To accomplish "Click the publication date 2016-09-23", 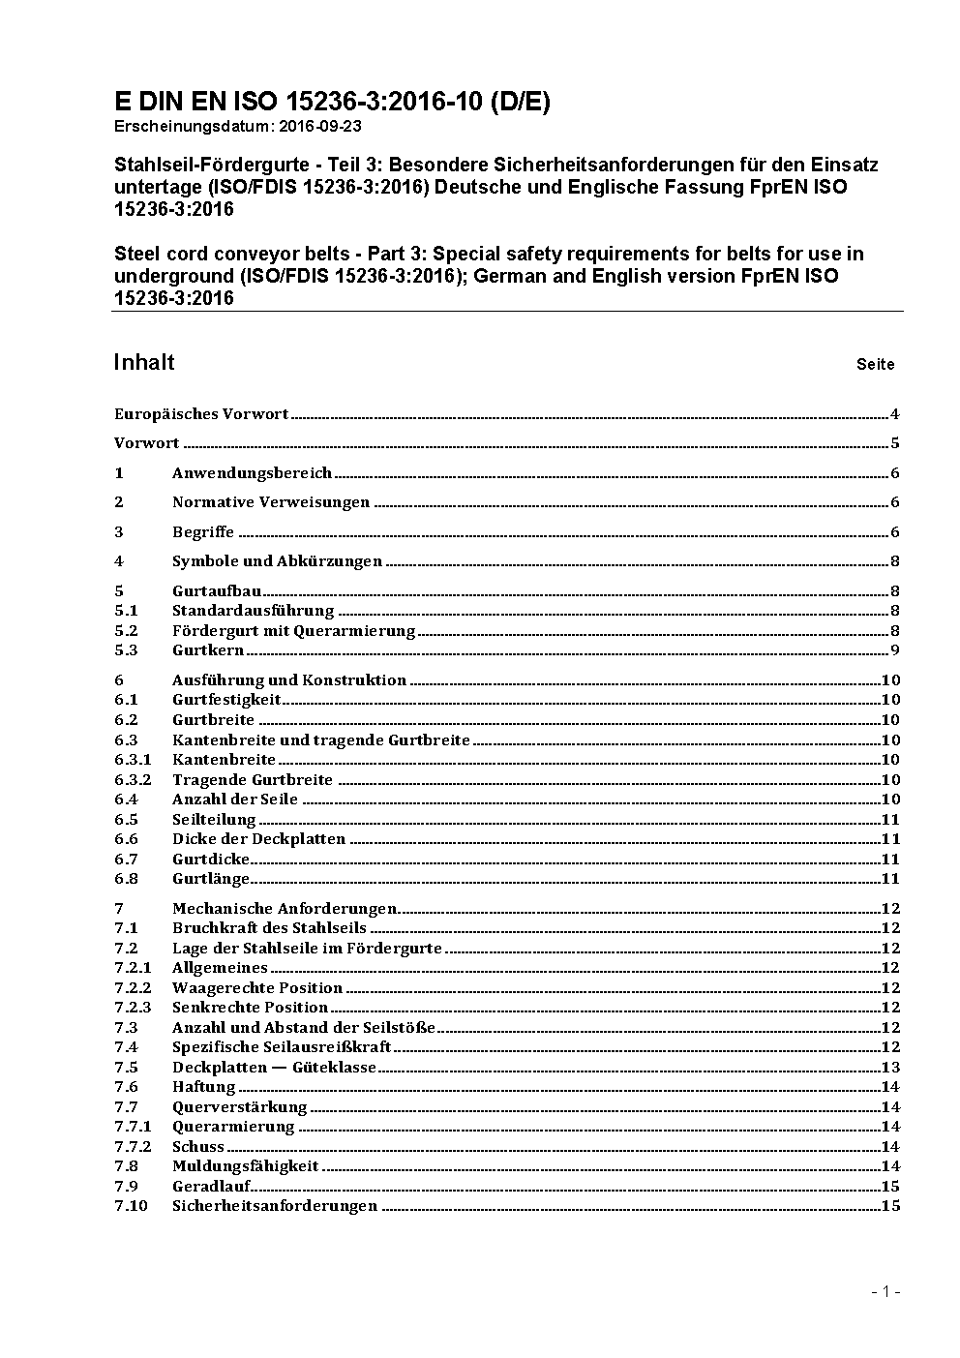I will (315, 127).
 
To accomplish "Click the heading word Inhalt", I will (144, 362).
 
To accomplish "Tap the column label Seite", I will (875, 365).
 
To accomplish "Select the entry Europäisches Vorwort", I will (201, 414).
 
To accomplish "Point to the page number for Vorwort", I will (895, 443).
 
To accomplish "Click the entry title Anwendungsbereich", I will (252, 473).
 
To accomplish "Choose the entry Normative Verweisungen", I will (271, 502).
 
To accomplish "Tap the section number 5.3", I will (126, 650).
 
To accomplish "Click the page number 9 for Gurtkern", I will (895, 650).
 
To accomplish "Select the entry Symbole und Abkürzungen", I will (277, 561).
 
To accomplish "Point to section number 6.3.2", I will (133, 780).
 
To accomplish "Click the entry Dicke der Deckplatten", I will (258, 839).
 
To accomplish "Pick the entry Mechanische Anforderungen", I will (285, 908).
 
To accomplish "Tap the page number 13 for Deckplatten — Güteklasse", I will (890, 1068).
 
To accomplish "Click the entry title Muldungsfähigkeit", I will (245, 1166).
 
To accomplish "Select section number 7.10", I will (131, 1206).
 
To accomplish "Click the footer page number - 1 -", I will (885, 1292).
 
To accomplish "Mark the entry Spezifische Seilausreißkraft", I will (282, 1047).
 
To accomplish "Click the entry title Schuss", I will (197, 1147).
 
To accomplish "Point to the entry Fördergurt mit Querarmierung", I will (293, 631).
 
